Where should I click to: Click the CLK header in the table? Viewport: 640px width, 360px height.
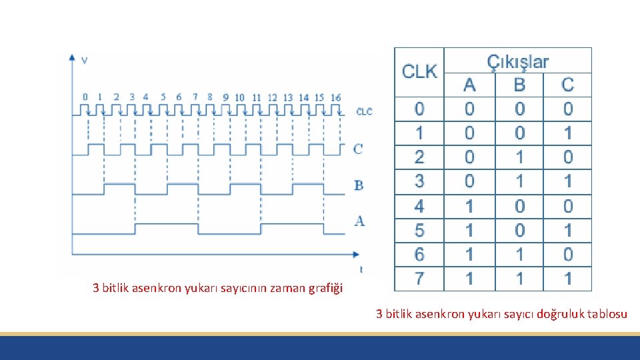419,71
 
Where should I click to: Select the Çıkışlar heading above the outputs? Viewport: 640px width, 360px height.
518,62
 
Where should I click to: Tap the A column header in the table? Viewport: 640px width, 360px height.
469,85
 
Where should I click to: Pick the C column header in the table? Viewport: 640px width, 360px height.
567,85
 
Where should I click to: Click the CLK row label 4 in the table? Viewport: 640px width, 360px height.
419,206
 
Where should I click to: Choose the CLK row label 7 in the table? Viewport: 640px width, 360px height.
419,278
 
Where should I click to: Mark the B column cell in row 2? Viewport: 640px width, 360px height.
519,157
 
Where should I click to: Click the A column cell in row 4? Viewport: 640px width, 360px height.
469,206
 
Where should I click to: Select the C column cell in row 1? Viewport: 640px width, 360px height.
567,133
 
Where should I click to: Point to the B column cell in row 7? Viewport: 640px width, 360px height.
519,278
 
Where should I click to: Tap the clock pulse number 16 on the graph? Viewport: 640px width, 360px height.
336,97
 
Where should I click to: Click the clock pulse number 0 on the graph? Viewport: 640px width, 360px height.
85,97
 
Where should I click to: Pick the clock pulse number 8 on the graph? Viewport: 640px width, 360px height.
210,97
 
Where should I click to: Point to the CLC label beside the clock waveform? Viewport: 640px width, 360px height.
364,111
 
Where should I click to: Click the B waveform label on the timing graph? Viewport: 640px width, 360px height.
359,185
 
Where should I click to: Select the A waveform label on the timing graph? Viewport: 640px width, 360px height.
359,221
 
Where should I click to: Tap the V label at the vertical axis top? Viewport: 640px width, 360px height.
84,61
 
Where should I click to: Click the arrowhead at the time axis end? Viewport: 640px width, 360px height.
356,254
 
